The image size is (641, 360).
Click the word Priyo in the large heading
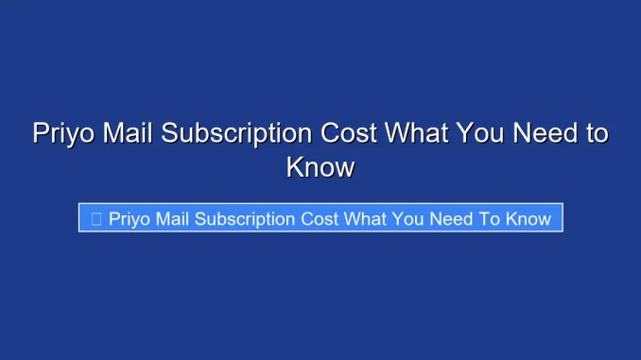pyautogui.click(x=62, y=133)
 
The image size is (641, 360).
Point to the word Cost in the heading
pyautogui.click(x=347, y=133)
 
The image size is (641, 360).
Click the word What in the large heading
pyautogui.click(x=415, y=133)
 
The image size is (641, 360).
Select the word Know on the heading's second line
pyautogui.click(x=320, y=168)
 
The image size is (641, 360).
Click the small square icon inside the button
pyautogui.click(x=96, y=218)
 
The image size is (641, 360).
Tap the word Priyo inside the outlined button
pyautogui.click(x=130, y=218)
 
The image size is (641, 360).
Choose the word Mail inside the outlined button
pyautogui.click(x=174, y=218)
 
